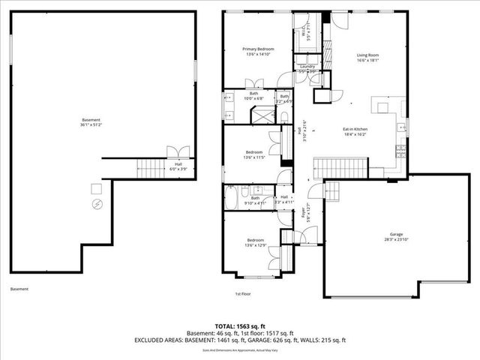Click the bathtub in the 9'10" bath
click(x=232, y=199)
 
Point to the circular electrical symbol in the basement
click(x=96, y=204)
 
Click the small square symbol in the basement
click(x=96, y=187)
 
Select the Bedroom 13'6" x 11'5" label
click(x=253, y=154)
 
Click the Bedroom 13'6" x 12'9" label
click(x=253, y=242)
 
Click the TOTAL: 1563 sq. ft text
click(x=240, y=326)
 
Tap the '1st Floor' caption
click(x=242, y=294)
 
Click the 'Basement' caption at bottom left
click(x=19, y=289)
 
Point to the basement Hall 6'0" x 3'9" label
click(x=178, y=166)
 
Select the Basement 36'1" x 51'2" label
click(x=91, y=122)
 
